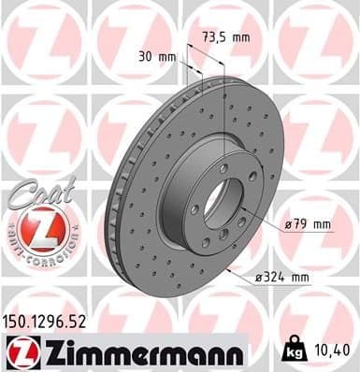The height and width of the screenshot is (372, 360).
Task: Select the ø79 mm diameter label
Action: pos(310,223)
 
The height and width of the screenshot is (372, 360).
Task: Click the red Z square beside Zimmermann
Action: pos(20,353)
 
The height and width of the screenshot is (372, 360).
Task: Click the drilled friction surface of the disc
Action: pos(159,243)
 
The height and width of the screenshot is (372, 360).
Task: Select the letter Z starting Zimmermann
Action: pos(47,352)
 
